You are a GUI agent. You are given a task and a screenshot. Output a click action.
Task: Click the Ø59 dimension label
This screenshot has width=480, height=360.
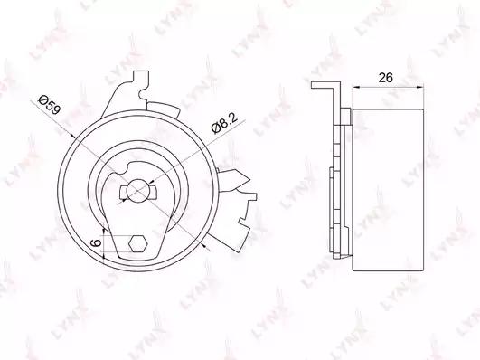pos(49,105)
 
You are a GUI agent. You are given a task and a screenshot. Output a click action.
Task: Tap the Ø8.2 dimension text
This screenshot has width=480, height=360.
pos(224,124)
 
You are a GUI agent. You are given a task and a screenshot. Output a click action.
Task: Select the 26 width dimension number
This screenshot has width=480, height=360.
pos(385,78)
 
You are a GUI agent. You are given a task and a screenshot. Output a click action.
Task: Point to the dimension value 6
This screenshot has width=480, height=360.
pos(96,243)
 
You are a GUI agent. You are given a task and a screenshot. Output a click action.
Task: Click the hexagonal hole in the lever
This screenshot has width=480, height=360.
pos(138,244)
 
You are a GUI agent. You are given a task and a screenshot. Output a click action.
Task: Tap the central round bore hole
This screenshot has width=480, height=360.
pos(138,190)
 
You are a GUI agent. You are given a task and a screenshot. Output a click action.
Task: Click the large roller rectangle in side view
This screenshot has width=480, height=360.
pos(388,190)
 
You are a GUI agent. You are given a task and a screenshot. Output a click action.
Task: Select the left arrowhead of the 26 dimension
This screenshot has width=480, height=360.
pos(355,88)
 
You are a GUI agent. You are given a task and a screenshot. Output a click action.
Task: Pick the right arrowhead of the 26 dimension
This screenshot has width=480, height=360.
pos(421,88)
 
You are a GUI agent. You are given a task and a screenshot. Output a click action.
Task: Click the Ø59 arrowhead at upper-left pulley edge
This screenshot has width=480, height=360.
pos(72,135)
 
